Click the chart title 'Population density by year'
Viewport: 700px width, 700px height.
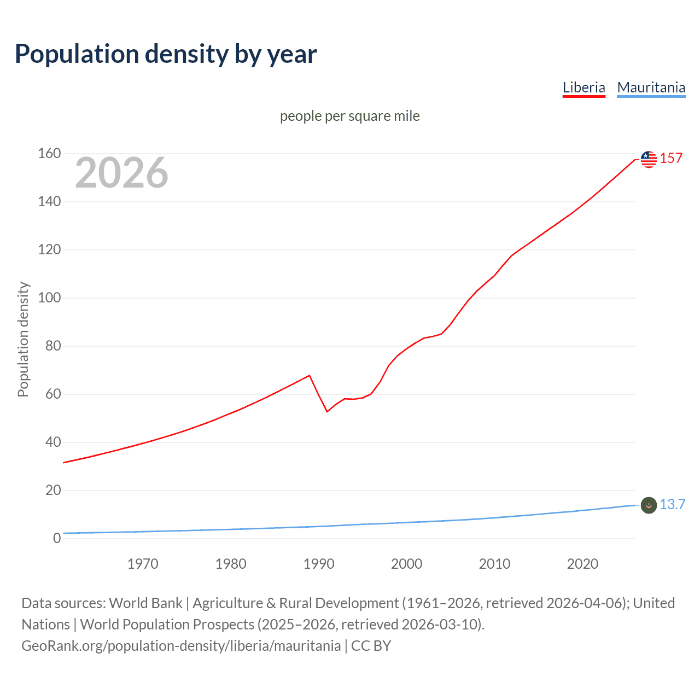click(166, 54)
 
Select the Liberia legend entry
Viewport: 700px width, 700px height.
click(584, 87)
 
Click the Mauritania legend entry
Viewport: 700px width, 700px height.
click(651, 87)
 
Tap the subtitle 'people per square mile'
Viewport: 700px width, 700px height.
click(349, 116)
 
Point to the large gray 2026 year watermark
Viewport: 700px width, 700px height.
click(121, 173)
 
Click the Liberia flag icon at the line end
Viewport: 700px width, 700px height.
click(649, 159)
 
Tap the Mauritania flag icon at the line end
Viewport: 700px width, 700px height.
click(649, 505)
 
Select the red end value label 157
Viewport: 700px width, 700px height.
click(671, 158)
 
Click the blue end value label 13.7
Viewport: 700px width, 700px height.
click(672, 504)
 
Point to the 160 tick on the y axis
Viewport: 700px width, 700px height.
click(49, 154)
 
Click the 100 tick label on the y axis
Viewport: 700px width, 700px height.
click(49, 298)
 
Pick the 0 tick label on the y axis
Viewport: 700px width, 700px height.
click(57, 539)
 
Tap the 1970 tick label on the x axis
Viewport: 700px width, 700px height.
click(143, 564)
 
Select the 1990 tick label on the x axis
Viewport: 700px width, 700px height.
click(319, 564)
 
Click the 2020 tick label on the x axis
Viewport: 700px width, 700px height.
click(582, 564)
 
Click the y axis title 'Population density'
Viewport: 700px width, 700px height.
click(23, 339)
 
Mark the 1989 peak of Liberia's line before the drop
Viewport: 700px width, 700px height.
click(310, 375)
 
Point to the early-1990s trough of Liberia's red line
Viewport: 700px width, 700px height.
click(327, 411)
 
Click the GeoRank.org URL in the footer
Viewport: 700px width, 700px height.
click(181, 646)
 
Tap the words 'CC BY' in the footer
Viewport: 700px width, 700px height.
click(371, 646)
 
